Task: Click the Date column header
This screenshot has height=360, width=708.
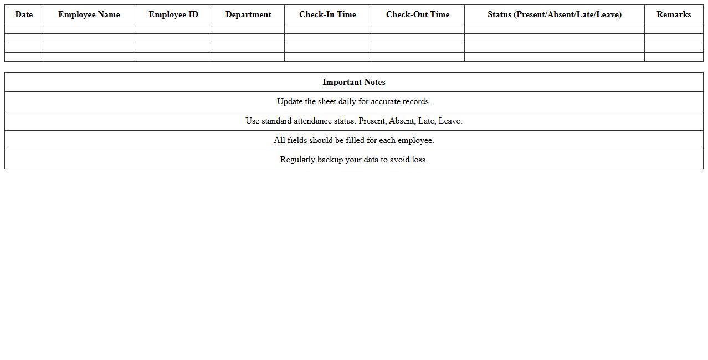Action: click(24, 14)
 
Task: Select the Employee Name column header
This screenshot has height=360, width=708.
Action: click(89, 14)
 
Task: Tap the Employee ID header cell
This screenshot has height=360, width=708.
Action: click(173, 14)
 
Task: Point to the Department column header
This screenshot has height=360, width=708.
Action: click(248, 14)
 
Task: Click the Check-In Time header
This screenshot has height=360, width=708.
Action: click(327, 14)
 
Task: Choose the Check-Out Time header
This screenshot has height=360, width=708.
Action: click(418, 14)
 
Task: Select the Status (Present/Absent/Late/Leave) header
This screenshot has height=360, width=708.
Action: click(554, 14)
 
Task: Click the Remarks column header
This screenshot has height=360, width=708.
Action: click(674, 14)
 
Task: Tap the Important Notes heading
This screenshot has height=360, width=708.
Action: click(354, 82)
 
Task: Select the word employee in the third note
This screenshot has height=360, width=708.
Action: click(415, 140)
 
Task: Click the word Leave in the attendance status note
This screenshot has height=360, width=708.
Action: click(450, 121)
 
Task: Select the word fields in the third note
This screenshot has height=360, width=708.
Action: click(297, 140)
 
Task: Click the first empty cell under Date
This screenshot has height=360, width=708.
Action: click(24, 29)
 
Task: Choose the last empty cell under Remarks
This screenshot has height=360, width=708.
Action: click(674, 57)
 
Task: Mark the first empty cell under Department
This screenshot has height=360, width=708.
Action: click(248, 29)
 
